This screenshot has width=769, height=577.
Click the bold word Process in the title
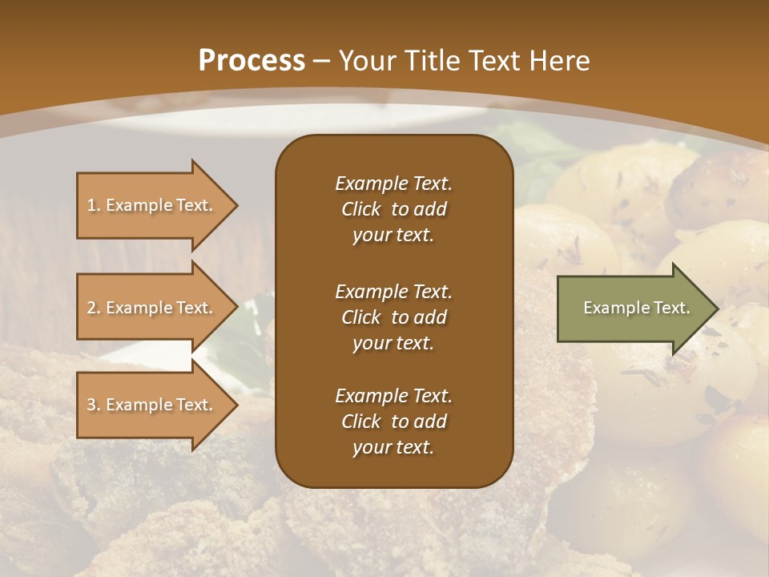tap(252, 61)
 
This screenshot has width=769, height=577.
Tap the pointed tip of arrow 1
tap(236, 205)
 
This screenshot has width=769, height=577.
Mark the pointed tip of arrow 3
tap(236, 405)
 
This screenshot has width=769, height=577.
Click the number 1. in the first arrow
tap(94, 205)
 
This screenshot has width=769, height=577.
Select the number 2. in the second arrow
tap(94, 308)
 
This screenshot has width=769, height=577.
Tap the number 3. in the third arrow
tap(94, 405)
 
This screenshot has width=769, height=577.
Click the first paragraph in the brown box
tap(393, 209)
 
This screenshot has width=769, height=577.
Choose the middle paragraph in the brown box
tap(393, 317)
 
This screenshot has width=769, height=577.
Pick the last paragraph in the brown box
tap(393, 422)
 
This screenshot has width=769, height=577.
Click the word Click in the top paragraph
tap(361, 209)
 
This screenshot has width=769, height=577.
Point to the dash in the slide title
tap(322, 61)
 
